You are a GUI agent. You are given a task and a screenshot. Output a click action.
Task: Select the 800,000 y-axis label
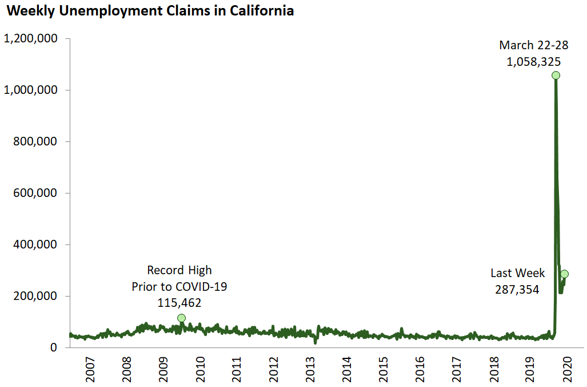coord(35,142)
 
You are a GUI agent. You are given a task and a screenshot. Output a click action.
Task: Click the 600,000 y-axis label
coord(35,193)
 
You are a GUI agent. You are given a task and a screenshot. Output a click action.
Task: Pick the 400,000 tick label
coord(35,245)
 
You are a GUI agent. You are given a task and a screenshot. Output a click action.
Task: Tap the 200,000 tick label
coord(35,297)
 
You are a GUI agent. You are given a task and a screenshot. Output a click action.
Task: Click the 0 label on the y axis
coord(53,348)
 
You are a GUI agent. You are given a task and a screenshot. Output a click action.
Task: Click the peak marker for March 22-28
coord(556,76)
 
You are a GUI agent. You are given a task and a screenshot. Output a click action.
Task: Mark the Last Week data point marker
coord(564,274)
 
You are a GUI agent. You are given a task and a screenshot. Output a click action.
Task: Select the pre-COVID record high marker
coord(182,318)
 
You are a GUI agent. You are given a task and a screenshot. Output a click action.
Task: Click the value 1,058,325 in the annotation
coord(533,62)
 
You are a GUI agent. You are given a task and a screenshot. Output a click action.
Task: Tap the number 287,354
coord(517,290)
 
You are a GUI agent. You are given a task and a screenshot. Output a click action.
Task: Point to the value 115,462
coord(179,302)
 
